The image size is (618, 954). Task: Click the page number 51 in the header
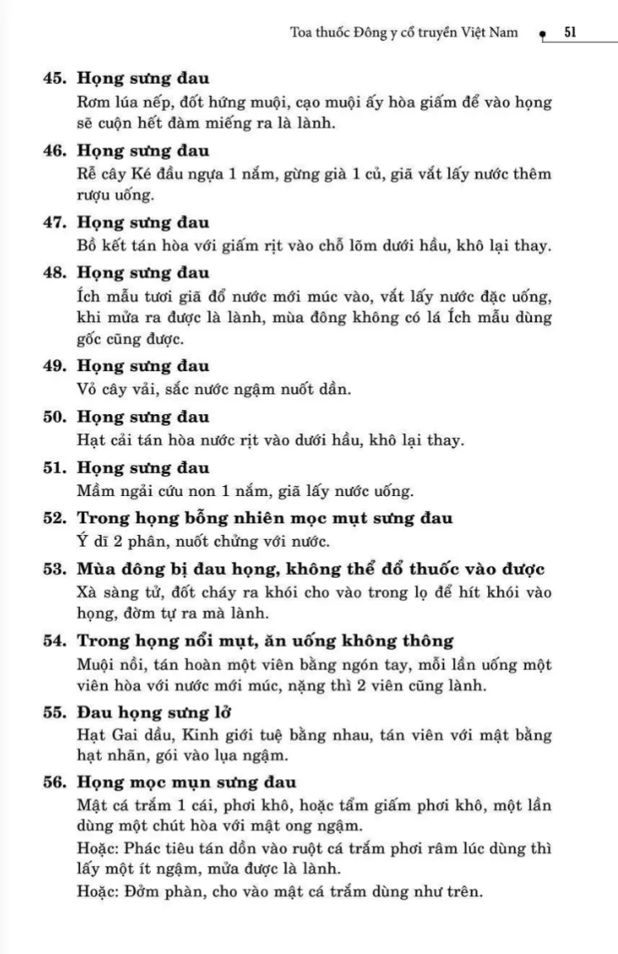click(x=570, y=32)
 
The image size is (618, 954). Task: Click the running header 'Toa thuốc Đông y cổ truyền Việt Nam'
click(x=404, y=33)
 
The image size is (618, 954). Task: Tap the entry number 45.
click(x=56, y=79)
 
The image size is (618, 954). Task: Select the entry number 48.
click(x=56, y=272)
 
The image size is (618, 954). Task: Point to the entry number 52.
click(x=56, y=519)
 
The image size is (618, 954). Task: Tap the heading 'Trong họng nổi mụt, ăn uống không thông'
click(x=265, y=640)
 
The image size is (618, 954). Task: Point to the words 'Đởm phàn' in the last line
click(x=151, y=892)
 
